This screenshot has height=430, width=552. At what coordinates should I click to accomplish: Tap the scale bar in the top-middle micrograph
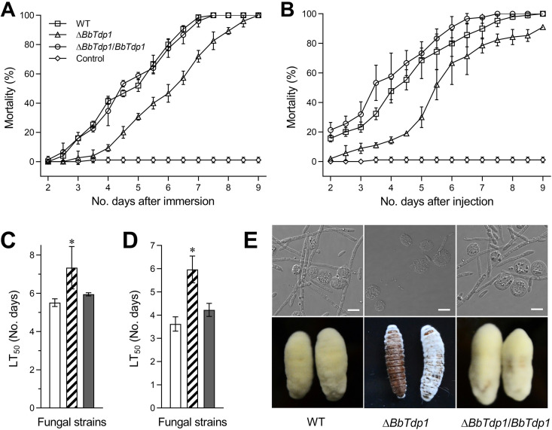click(x=444, y=308)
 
